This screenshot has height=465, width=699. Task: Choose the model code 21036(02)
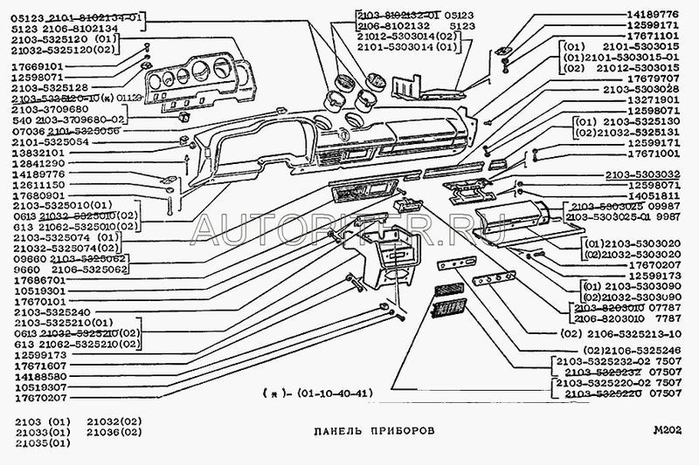pos(113,431)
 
